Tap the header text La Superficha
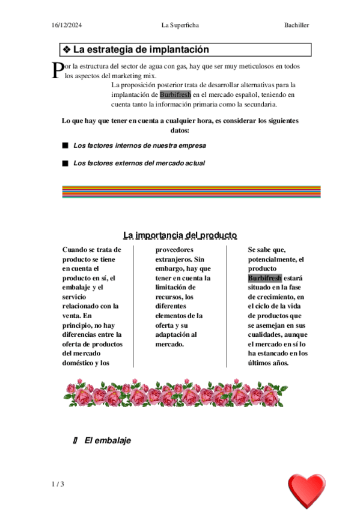(x=180, y=25)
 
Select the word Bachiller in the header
(x=297, y=25)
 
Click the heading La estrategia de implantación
(x=141, y=50)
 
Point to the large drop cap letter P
(x=57, y=71)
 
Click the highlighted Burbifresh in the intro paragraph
(x=175, y=94)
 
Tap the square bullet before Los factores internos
(x=65, y=146)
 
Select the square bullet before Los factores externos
(x=65, y=163)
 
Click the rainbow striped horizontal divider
(x=191, y=192)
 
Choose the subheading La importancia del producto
(x=180, y=235)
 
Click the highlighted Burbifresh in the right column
(x=264, y=278)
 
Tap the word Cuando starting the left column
(x=75, y=250)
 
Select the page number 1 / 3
(x=58, y=485)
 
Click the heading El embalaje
(x=108, y=441)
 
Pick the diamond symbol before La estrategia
(x=67, y=50)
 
